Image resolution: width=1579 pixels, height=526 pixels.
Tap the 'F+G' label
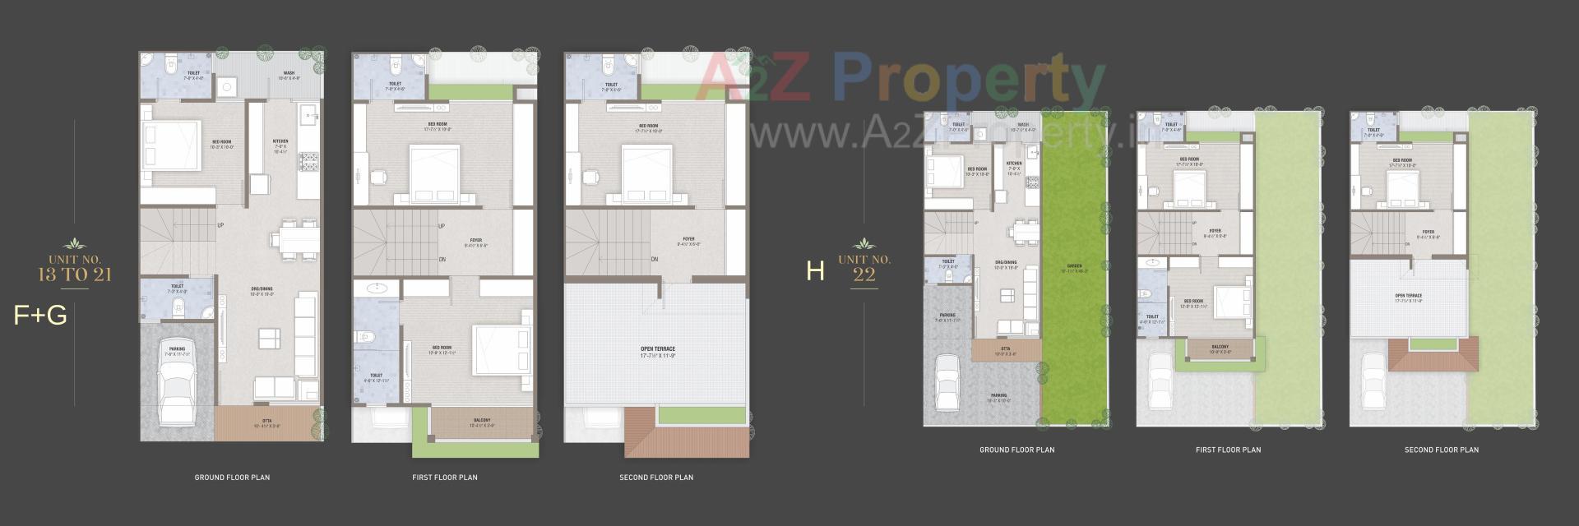pyautogui.click(x=40, y=316)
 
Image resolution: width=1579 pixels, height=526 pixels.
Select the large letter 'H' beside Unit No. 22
pyautogui.click(x=815, y=271)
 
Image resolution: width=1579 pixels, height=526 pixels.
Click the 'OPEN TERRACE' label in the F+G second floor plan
pyautogui.click(x=658, y=349)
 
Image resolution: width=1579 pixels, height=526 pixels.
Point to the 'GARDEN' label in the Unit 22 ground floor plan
pyautogui.click(x=1074, y=266)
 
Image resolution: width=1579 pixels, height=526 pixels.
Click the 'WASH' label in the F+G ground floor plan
pyautogui.click(x=289, y=73)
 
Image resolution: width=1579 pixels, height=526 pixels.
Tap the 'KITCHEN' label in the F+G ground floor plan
pyautogui.click(x=280, y=141)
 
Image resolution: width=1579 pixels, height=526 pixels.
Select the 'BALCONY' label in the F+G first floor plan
pyautogui.click(x=482, y=421)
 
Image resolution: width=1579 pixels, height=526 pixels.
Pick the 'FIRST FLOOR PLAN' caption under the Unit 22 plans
pyautogui.click(x=1228, y=450)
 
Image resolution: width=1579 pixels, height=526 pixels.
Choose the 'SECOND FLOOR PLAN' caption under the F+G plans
pyautogui.click(x=656, y=478)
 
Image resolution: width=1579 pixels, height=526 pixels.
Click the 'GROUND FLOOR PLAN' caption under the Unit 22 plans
pyautogui.click(x=1016, y=450)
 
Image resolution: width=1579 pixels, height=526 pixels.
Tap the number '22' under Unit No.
pyautogui.click(x=864, y=275)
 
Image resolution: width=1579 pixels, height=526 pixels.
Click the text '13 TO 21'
pyautogui.click(x=75, y=275)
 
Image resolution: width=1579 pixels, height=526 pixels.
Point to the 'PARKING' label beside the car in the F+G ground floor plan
pyautogui.click(x=177, y=349)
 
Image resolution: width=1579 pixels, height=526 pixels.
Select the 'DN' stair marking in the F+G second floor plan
pyautogui.click(x=655, y=260)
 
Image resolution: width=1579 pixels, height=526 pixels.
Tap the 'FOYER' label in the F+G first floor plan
pyautogui.click(x=476, y=240)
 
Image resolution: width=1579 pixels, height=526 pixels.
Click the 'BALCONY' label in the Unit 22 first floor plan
pyautogui.click(x=1220, y=347)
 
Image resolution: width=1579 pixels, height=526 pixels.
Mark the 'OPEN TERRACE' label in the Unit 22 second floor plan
pyautogui.click(x=1408, y=296)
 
